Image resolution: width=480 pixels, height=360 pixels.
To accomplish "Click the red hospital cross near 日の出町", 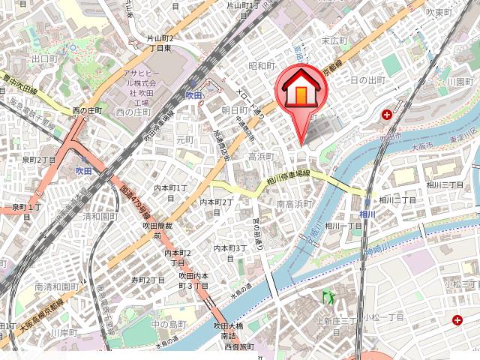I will (387, 115).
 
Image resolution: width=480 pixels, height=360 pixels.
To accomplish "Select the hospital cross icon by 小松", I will (457, 320).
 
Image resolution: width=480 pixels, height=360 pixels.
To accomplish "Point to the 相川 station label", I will (367, 214).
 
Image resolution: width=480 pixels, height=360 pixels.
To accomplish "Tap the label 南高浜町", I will (295, 203).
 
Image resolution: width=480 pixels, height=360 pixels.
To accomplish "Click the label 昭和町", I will (262, 66).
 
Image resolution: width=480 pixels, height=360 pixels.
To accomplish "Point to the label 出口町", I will (44, 58).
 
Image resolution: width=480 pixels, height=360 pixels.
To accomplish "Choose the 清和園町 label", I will (101, 216).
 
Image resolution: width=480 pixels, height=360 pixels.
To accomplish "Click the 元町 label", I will (184, 140).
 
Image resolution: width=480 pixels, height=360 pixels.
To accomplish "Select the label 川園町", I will (457, 81).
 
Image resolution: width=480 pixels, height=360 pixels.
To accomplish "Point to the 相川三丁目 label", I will (445, 184).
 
